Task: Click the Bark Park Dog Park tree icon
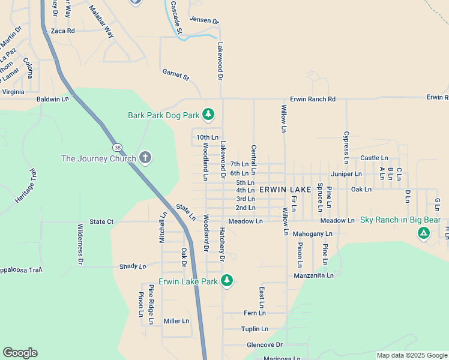click(x=208, y=113)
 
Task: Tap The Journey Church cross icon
click(x=145, y=158)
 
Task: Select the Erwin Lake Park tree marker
click(x=226, y=280)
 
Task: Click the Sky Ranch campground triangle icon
click(x=424, y=233)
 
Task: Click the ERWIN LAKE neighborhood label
click(x=285, y=190)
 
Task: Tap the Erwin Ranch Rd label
click(x=312, y=98)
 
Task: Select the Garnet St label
click(x=175, y=74)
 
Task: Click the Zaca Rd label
click(x=63, y=31)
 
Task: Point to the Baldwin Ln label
click(x=53, y=98)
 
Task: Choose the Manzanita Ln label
click(x=313, y=275)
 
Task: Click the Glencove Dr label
click(x=264, y=345)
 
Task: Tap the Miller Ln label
click(x=176, y=321)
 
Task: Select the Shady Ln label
click(x=133, y=266)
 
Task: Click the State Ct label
click(x=101, y=221)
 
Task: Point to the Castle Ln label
click(x=374, y=158)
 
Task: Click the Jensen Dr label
click(x=204, y=20)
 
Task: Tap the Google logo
click(x=20, y=353)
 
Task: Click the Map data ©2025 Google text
click(x=411, y=355)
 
